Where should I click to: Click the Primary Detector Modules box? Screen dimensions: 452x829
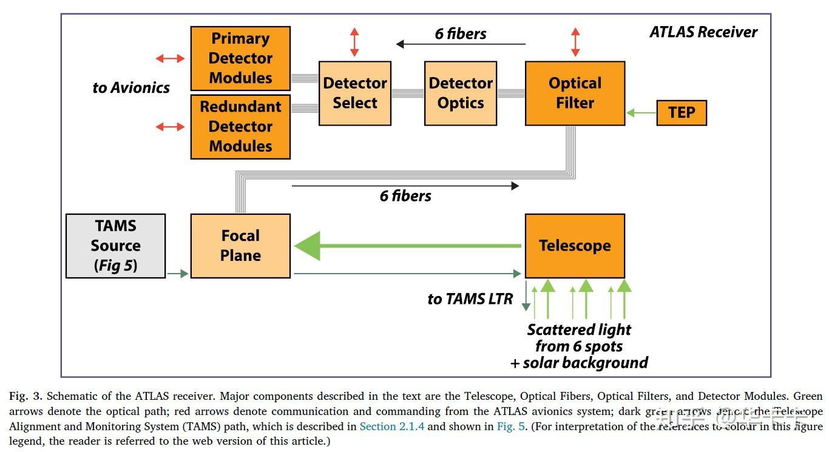click(240, 58)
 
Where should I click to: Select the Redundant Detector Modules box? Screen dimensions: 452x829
click(240, 126)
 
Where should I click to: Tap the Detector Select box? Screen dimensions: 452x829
click(355, 93)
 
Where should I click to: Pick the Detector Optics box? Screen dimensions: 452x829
click(460, 93)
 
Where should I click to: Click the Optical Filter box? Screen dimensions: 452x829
click(575, 93)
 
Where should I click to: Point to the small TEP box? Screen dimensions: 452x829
click(682, 113)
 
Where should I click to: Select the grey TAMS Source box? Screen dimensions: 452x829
click(115, 246)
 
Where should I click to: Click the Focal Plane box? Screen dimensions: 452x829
click(240, 246)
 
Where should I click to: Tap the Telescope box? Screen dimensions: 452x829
click(575, 246)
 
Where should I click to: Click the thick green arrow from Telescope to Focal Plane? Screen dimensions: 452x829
click(407, 246)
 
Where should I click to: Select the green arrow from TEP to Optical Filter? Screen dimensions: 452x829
click(641, 113)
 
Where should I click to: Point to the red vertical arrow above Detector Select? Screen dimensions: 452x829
click(354, 42)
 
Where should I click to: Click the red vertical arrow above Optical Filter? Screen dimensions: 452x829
click(575, 42)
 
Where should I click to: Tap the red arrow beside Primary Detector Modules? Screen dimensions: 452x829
click(170, 58)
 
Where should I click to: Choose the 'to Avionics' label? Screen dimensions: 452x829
click(131, 88)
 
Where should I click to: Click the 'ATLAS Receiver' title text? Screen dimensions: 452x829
click(703, 32)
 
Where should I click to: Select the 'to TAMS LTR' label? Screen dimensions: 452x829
click(470, 299)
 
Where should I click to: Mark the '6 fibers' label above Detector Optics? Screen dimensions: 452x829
click(461, 34)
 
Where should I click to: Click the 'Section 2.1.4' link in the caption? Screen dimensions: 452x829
click(391, 427)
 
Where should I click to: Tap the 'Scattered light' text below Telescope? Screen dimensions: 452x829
click(579, 330)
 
